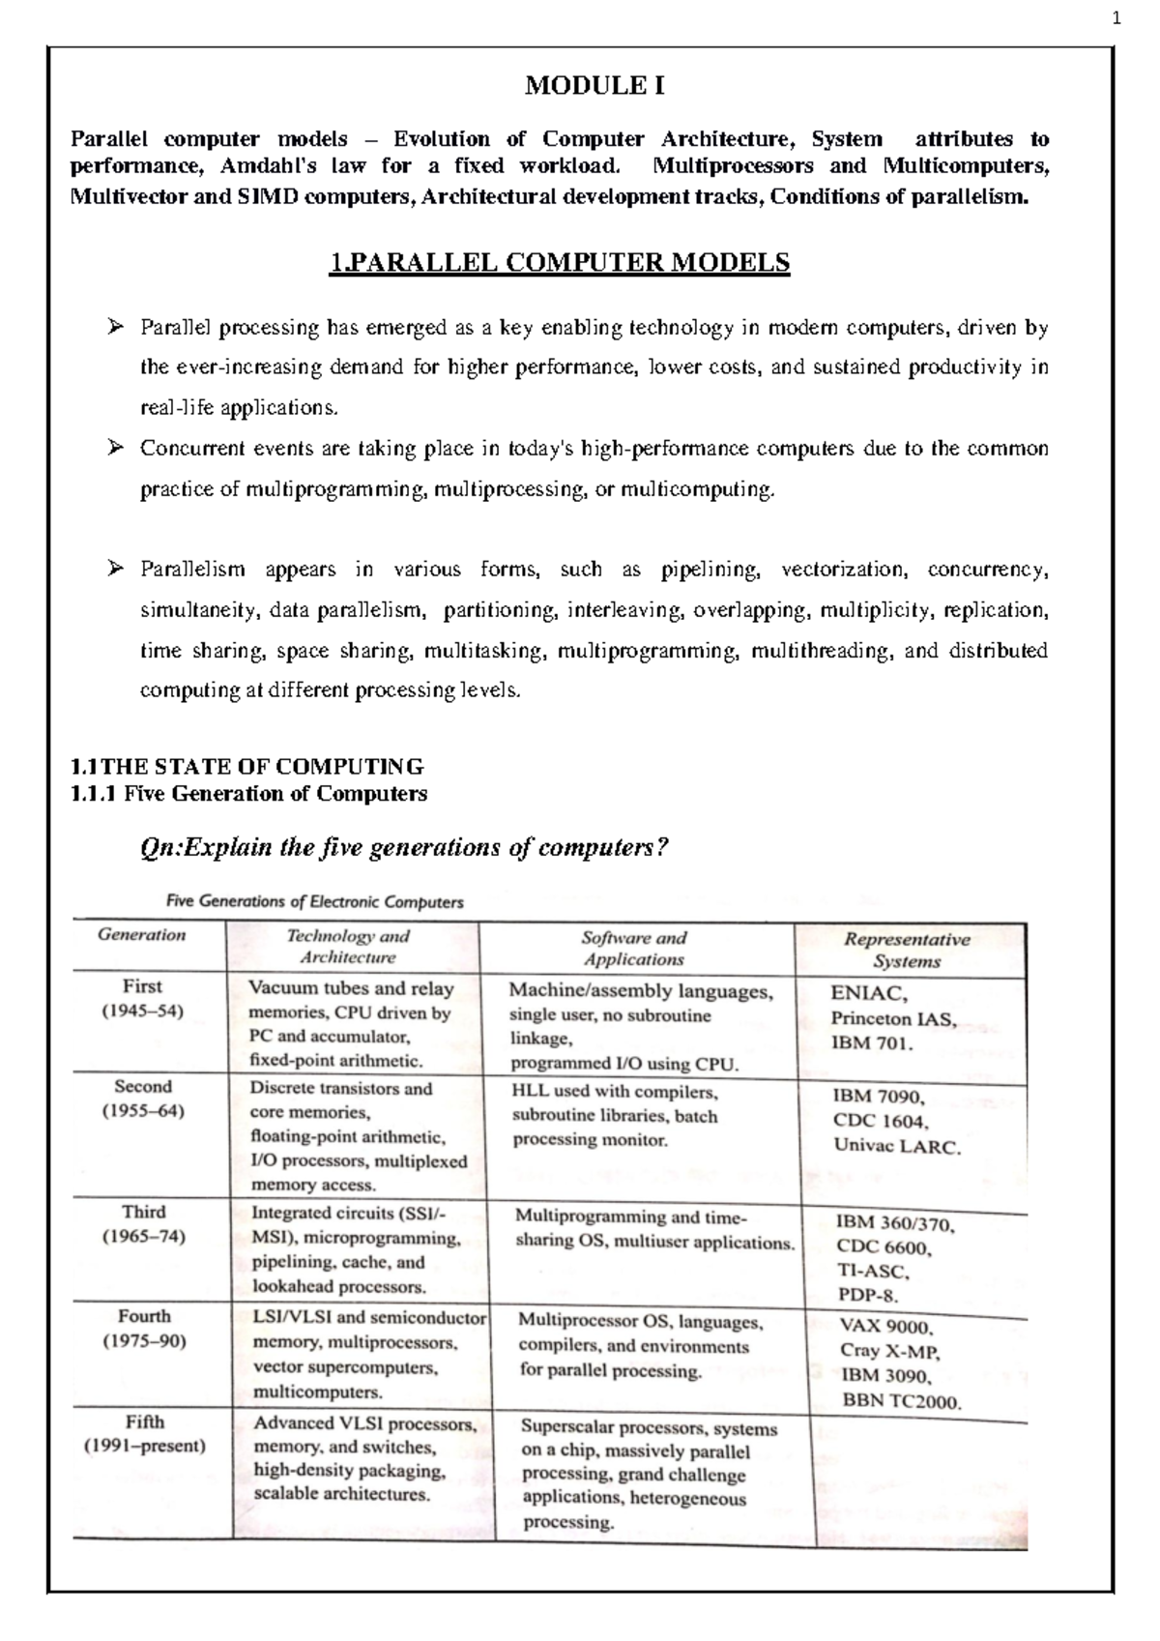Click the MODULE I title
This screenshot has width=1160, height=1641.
tap(594, 86)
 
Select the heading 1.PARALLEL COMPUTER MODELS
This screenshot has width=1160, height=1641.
tap(560, 262)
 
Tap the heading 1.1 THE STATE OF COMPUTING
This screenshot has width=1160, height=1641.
tap(247, 767)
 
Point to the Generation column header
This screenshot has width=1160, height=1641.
tap(141, 935)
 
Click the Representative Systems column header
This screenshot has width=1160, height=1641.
tap(907, 950)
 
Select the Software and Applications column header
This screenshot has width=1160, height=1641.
tap(634, 948)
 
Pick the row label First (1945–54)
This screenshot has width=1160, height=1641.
tap(142, 998)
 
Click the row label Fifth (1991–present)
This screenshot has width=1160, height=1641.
tap(144, 1434)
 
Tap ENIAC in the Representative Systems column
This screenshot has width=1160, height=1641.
tap(869, 993)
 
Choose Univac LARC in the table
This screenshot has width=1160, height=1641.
tap(897, 1148)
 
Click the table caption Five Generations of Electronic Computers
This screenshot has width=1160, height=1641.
tap(315, 901)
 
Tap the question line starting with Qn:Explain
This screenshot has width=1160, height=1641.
tap(405, 847)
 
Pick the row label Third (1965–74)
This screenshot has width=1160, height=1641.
tap(143, 1223)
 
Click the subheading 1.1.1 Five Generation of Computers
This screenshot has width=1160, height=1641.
tap(249, 794)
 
